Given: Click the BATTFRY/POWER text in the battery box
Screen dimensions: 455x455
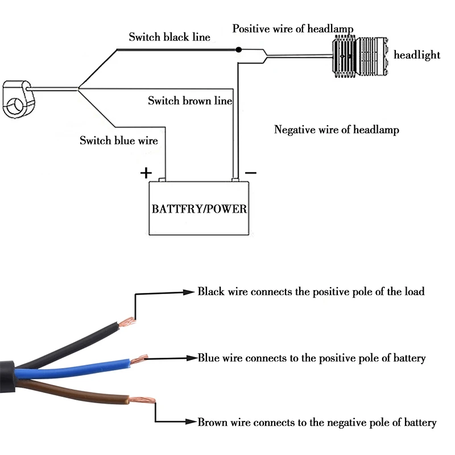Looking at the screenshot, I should tap(199, 209).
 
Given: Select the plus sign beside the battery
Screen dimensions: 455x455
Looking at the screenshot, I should tap(147, 172).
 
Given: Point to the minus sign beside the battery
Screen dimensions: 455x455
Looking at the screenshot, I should tap(251, 172).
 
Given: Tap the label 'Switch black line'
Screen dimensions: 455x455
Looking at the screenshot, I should tap(169, 38).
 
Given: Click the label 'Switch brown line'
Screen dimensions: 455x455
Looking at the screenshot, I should tap(190, 101).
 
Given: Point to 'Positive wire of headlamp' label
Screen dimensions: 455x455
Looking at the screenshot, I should tap(293, 28).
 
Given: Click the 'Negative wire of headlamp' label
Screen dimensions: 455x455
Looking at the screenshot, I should tap(337, 130).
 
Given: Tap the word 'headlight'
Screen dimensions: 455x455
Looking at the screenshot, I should tap(417, 55).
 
